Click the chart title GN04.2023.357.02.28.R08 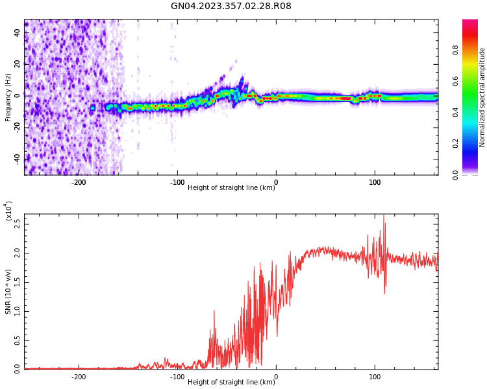(231, 6)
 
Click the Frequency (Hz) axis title (8, 97)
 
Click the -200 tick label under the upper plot (78, 182)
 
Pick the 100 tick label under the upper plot (375, 182)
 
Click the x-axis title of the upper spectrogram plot (231, 188)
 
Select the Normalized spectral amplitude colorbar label (482, 97)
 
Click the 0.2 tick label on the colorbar (473, 143)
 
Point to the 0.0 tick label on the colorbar (473, 174)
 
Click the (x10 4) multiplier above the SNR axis (8, 211)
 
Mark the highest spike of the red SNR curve (383, 216)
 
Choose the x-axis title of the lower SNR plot (231, 383)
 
